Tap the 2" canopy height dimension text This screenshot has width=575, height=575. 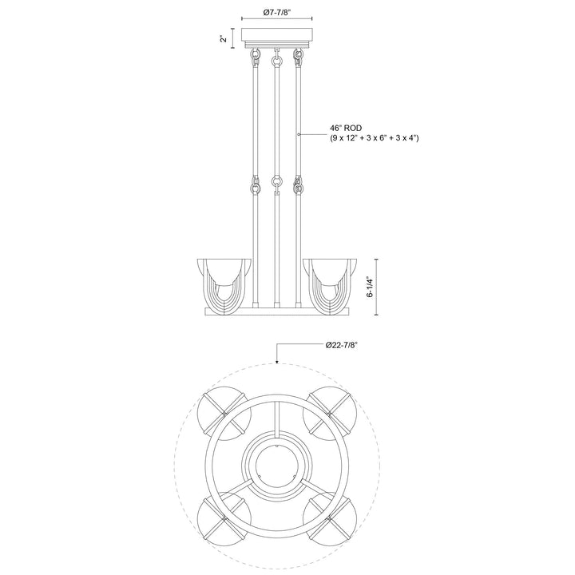(226, 38)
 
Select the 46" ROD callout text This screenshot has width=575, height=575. (346, 128)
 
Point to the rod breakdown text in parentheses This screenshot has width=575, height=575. (375, 138)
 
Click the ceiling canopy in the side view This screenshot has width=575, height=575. (276, 38)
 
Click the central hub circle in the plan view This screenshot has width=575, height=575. (276, 465)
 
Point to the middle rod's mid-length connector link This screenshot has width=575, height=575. (276, 184)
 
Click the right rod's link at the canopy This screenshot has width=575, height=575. (299, 57)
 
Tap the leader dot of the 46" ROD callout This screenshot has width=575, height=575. (299, 136)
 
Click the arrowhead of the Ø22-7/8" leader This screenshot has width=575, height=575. (276, 362)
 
